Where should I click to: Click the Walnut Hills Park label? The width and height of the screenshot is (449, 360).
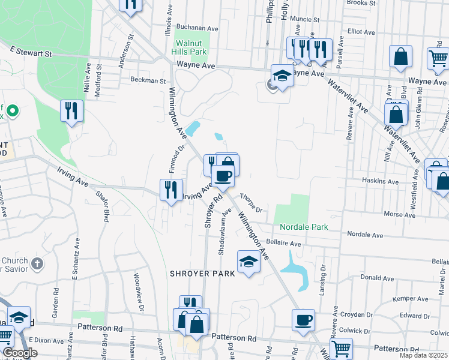pos(191,47)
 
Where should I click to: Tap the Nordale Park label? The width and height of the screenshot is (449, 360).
pos(304,227)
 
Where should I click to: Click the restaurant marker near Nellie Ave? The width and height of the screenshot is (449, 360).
pos(71,110)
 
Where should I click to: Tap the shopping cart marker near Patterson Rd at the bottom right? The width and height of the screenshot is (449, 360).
pos(341,348)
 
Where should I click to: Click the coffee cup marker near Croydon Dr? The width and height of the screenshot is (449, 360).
pos(304,320)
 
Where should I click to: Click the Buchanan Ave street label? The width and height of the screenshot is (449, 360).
pos(196,28)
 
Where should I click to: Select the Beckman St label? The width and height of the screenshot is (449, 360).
pos(148,80)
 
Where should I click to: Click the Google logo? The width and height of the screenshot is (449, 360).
pos(20,353)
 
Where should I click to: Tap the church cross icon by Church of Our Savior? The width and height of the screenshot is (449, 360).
pos(37,263)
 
